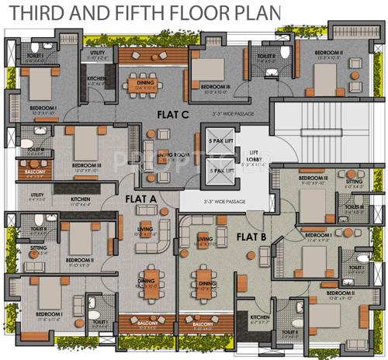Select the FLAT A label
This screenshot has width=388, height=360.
tap(141, 199)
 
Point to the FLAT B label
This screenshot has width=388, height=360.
tap(252, 235)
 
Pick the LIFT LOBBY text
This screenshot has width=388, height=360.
tap(253, 157)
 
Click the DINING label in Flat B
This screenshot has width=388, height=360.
tap(206, 284)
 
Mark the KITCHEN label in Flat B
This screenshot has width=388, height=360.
tap(258, 317)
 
